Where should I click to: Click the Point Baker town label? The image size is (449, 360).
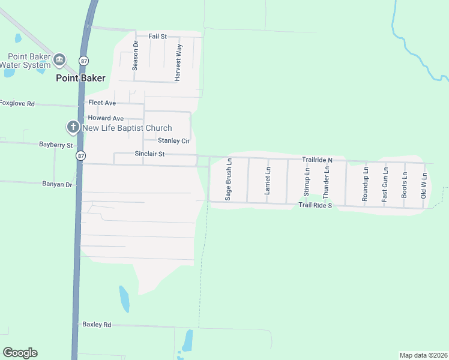[x=80, y=78]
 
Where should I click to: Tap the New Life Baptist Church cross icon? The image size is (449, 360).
[x=73, y=127]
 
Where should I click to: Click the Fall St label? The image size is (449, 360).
[x=157, y=37]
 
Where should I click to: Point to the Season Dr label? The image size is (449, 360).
[x=135, y=56]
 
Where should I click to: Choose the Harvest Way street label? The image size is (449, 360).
[x=178, y=62]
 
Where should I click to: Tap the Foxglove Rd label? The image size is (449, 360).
[x=17, y=103]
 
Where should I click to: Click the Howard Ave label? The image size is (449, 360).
[x=106, y=118]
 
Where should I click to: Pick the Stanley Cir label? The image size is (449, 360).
[x=173, y=140]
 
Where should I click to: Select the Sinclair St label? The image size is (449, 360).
[x=149, y=154]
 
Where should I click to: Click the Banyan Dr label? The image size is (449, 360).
[x=58, y=184]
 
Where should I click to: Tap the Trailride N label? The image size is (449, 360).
[x=317, y=160]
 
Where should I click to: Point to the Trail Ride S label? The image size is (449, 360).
[x=316, y=206]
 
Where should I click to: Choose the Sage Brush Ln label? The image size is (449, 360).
[x=228, y=179]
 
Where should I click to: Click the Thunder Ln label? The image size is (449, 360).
[x=326, y=182]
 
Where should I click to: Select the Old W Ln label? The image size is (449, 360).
[x=424, y=185]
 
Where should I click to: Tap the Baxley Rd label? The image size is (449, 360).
[x=97, y=325]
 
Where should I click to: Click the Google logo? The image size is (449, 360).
[x=20, y=353]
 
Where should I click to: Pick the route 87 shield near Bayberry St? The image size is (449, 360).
[x=80, y=155]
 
